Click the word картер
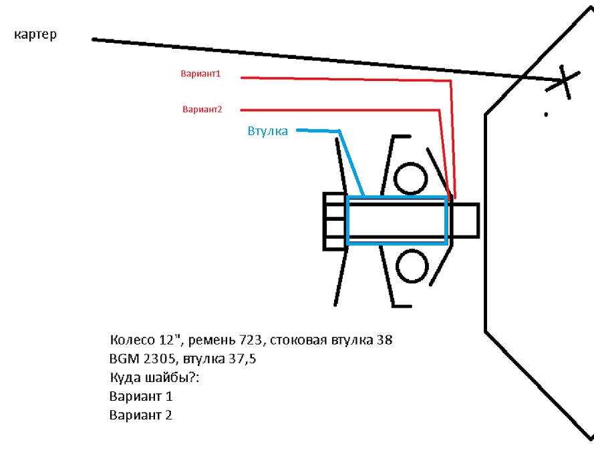click(x=35, y=35)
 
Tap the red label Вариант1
click(x=200, y=74)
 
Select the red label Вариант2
click(x=202, y=109)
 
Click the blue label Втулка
click(x=267, y=131)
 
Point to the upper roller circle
click(x=411, y=178)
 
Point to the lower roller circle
click(x=412, y=266)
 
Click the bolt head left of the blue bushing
click(x=335, y=221)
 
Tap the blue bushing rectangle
click(x=397, y=220)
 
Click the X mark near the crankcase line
click(x=563, y=81)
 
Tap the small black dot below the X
click(x=546, y=114)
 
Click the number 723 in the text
click(x=251, y=340)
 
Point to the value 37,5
click(x=243, y=359)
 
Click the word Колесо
click(x=132, y=340)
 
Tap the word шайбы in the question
click(x=168, y=378)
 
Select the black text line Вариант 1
click(x=141, y=396)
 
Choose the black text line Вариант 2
click(x=141, y=415)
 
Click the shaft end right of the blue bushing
click(x=465, y=220)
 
